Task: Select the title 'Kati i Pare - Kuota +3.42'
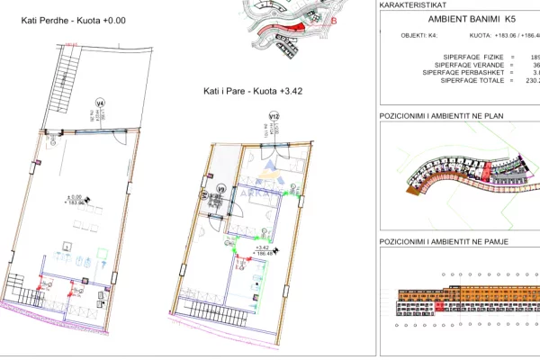coord(251,92)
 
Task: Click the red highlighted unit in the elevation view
coord(439,307)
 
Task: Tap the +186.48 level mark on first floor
coord(265,254)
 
